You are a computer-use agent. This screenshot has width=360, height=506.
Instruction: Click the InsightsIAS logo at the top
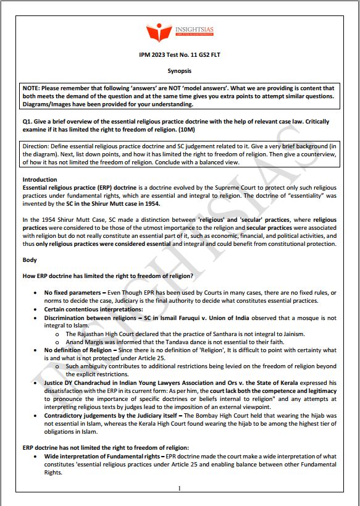(x=180, y=34)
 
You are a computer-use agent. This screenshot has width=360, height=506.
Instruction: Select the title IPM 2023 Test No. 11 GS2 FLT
(x=180, y=56)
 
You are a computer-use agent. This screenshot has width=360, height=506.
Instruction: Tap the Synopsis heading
(x=180, y=72)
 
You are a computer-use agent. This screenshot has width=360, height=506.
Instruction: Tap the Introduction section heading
(x=40, y=179)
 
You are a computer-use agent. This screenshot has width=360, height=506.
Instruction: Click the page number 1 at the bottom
(x=179, y=489)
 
